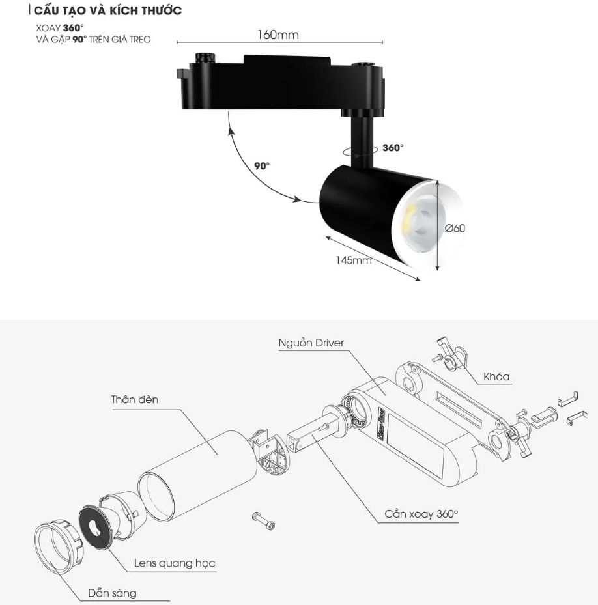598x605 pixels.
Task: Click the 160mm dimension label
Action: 278,35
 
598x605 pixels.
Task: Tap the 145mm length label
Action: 353,260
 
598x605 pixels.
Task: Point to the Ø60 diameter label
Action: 455,228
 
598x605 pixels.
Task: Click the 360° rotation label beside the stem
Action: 393,147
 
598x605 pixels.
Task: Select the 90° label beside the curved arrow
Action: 262,166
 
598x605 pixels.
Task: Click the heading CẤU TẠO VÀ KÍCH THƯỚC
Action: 107,10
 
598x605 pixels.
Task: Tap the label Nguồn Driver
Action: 311,343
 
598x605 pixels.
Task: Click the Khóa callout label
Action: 496,376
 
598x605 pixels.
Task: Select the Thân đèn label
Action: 135,399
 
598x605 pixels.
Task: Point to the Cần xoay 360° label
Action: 421,514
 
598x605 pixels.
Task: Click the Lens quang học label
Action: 175,563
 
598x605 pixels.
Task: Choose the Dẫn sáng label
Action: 112,593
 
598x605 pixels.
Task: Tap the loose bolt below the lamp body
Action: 264,520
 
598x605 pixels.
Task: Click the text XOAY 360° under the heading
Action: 60,28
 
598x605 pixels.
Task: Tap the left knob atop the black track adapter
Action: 205,58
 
